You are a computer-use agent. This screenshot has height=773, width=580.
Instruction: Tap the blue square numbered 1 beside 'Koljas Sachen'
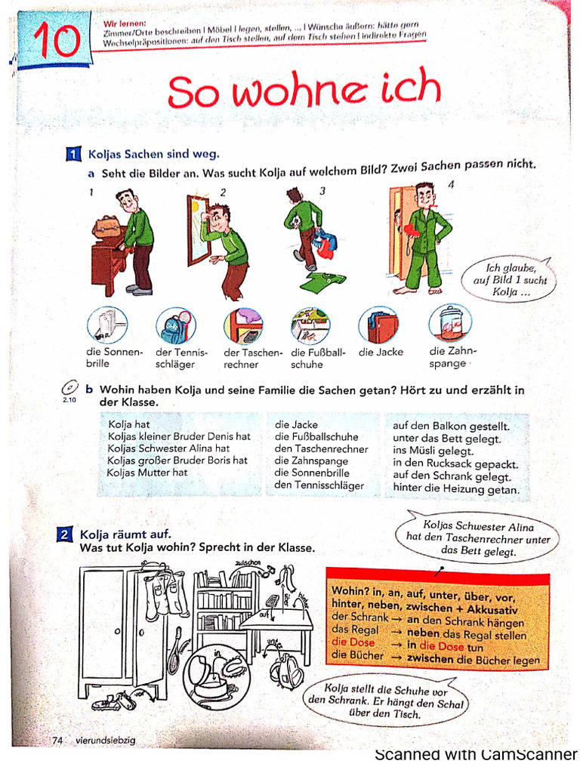pos(73,155)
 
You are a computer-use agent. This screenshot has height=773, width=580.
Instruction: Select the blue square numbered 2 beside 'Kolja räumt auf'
pos(66,534)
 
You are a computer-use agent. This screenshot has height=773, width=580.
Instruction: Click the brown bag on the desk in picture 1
pos(109,226)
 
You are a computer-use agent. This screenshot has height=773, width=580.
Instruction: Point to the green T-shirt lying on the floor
pos(322,282)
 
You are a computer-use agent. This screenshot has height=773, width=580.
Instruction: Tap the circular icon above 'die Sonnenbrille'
pos(106,325)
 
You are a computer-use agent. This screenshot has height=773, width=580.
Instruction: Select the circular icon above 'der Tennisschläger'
pos(174,325)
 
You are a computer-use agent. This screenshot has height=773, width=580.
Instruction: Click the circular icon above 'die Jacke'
pos(378,325)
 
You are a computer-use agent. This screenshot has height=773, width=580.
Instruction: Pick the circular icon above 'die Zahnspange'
pos(449,323)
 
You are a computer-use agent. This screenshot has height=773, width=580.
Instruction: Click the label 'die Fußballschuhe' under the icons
pos(317,358)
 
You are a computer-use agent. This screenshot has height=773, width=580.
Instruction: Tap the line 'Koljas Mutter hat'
pos(147,473)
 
